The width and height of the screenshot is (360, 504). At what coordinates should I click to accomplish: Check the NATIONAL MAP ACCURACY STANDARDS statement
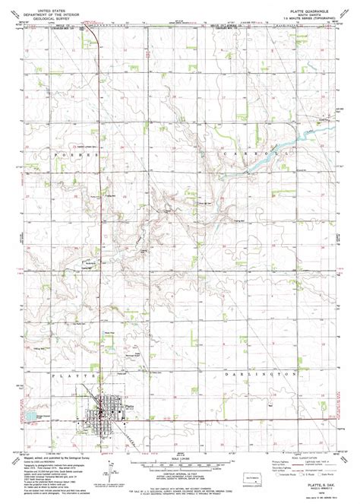pos(180,485)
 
